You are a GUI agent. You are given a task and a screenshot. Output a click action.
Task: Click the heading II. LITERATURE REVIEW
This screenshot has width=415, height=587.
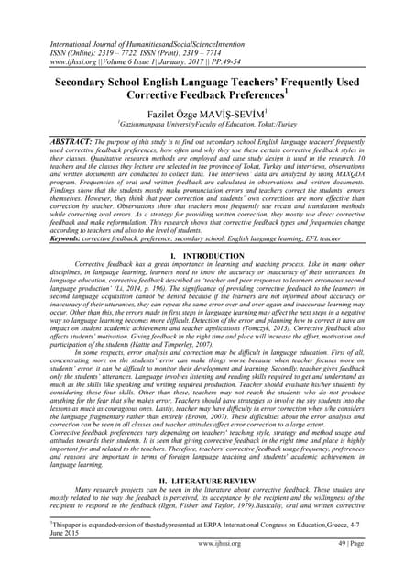click(207, 504)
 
